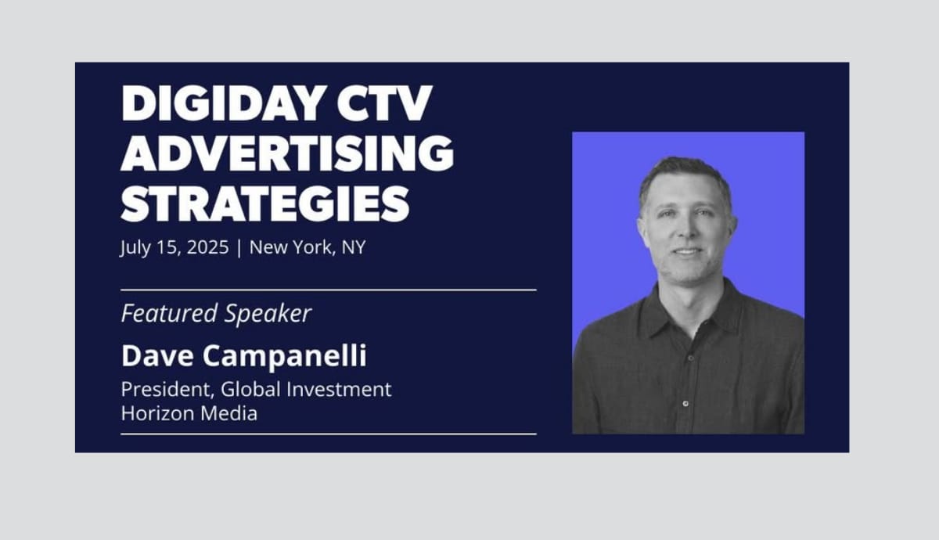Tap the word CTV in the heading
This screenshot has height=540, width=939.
(x=384, y=103)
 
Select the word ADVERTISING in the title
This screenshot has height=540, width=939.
(x=287, y=153)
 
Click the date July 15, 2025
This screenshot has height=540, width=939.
(x=174, y=247)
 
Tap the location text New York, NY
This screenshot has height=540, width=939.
(x=308, y=247)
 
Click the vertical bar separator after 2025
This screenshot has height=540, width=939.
(x=239, y=247)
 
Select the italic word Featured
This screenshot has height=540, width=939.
(x=169, y=313)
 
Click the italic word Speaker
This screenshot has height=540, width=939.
(x=268, y=314)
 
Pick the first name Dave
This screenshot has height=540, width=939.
(x=157, y=356)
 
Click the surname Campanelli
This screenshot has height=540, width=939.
(x=285, y=357)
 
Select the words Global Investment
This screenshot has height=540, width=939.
(x=306, y=390)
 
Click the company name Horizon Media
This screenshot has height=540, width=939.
(x=189, y=413)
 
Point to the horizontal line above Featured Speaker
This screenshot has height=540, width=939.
(x=329, y=290)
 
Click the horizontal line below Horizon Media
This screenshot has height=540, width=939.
(x=329, y=434)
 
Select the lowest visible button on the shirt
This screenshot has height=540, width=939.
(x=685, y=404)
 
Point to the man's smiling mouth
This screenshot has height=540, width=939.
(x=687, y=251)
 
